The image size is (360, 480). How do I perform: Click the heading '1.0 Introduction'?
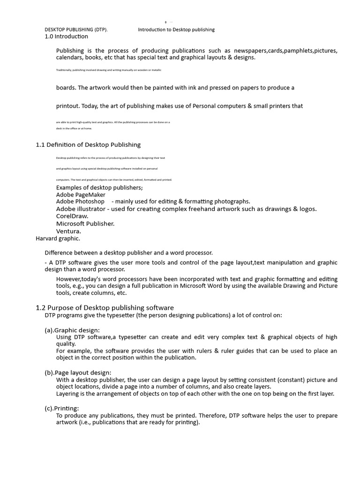[66, 36]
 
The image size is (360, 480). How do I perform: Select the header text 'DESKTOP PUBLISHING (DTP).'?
[76, 30]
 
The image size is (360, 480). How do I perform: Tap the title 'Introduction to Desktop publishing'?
[176, 30]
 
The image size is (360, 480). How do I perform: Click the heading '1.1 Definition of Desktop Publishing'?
[88, 144]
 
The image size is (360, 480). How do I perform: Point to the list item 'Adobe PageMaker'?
[81, 195]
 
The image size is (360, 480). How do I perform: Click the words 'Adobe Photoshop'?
[80, 202]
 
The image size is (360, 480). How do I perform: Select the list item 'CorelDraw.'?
[72, 216]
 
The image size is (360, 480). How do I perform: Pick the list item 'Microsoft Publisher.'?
[85, 224]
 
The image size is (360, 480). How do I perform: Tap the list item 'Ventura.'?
[68, 231]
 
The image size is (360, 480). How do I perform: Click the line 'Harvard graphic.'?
[58, 238]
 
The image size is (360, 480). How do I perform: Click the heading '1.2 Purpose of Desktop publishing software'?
[105, 307]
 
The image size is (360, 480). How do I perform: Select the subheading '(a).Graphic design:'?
[72, 330]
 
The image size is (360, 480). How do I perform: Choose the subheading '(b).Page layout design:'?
[78, 372]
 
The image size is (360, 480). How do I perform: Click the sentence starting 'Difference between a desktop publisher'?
[128, 253]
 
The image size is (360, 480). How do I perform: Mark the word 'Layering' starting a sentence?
[68, 394]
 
